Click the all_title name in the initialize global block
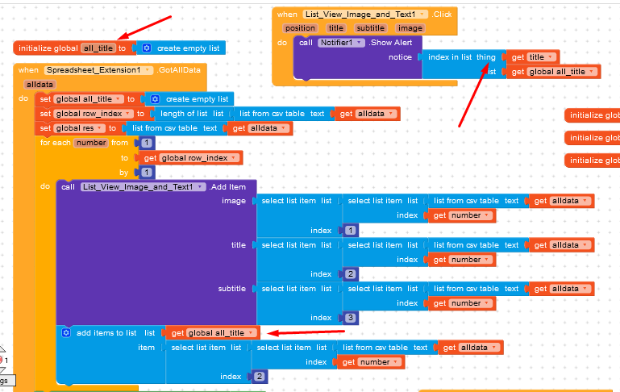pyautogui.click(x=98, y=48)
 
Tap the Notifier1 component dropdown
pyautogui.click(x=341, y=42)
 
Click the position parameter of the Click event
pyautogui.click(x=300, y=28)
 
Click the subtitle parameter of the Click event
pyautogui.click(x=371, y=28)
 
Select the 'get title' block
pyautogui.click(x=533, y=57)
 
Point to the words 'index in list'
pyautogui.click(x=450, y=57)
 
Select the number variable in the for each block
pyautogui.click(x=90, y=143)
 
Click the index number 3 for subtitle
pyautogui.click(x=350, y=318)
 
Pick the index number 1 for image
pyautogui.click(x=350, y=231)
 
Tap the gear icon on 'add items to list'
pyautogui.click(x=66, y=332)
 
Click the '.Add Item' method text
pyautogui.click(x=229, y=187)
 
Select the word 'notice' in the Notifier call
pyautogui.click(x=400, y=57)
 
